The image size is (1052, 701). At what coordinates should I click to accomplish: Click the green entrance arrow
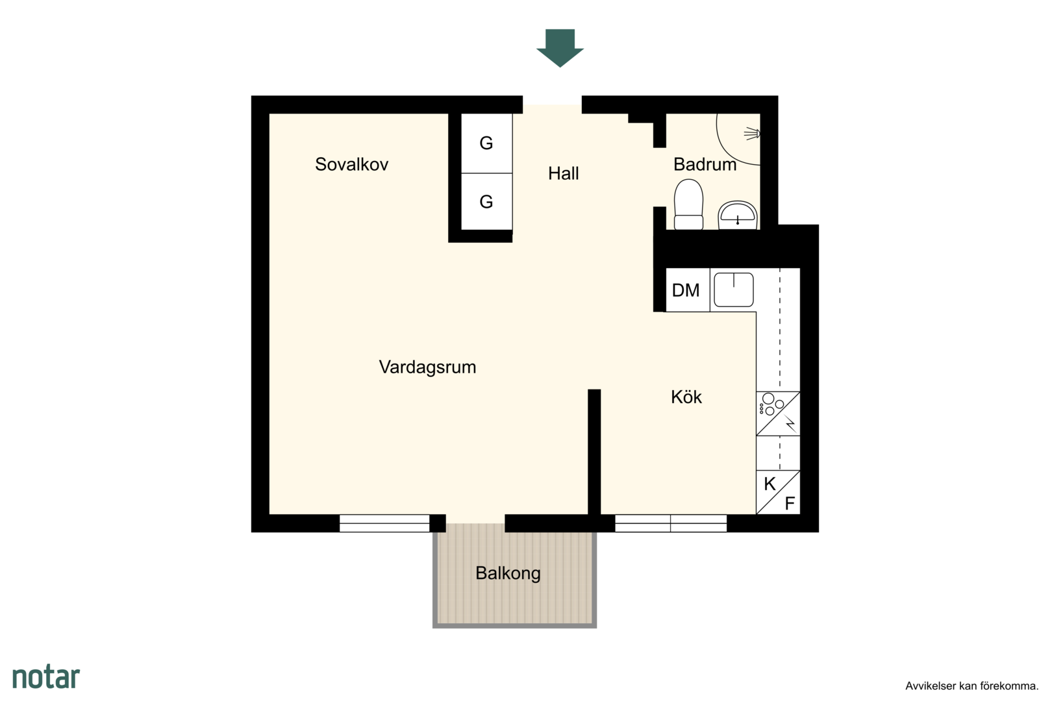560,48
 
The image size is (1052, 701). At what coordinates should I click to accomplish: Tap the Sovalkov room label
351,164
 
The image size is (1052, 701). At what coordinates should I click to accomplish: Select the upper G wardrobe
486,143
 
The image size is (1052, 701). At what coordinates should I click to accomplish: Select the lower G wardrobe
486,202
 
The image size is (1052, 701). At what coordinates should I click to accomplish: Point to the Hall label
563,174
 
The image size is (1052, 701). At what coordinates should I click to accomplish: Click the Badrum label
705,164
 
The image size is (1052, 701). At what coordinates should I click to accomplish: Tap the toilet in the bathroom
688,204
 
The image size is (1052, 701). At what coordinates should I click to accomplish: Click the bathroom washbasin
737,215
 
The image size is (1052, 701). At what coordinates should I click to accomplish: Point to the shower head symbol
752,134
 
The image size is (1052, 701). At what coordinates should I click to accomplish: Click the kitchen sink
734,289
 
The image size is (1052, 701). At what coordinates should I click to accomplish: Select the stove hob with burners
778,413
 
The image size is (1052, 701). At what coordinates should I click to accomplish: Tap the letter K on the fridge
770,484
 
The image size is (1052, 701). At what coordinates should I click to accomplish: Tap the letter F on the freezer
790,504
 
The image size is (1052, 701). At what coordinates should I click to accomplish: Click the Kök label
686,397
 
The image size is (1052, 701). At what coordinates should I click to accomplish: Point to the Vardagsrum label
427,367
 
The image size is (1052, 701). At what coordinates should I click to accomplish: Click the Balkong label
508,573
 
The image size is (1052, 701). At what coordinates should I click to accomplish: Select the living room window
384,523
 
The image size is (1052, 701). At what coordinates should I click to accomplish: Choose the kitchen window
671,523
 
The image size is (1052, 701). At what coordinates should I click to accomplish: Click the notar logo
46,677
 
